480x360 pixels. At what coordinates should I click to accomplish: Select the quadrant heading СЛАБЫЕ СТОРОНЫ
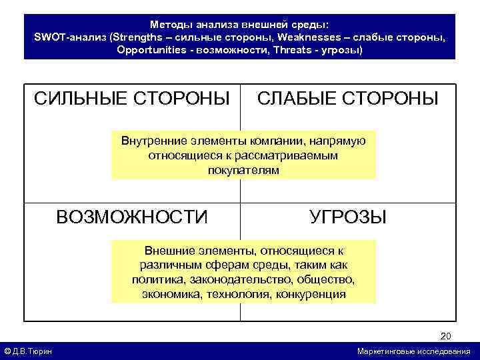pyautogui.click(x=347, y=99)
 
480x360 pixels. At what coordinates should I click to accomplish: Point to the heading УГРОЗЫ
pyautogui.click(x=347, y=217)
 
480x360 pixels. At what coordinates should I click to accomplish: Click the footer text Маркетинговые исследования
pyautogui.click(x=413, y=351)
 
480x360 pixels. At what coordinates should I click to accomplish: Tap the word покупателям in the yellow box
pyautogui.click(x=243, y=169)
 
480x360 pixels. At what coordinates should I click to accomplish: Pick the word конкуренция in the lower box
pyautogui.click(x=312, y=293)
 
